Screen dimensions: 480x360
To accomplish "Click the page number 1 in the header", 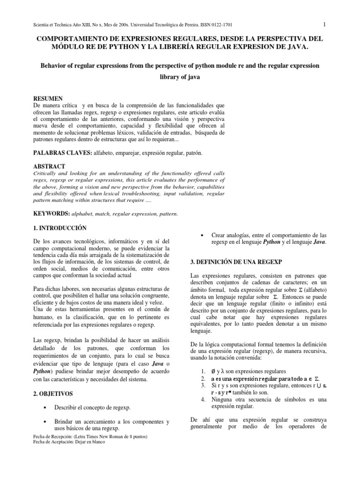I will click(324, 24).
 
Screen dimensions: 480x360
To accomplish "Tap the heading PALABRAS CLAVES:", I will click(62, 153).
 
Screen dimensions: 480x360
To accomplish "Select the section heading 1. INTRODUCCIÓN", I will click(59, 228).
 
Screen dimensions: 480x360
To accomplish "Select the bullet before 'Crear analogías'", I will click(201, 235).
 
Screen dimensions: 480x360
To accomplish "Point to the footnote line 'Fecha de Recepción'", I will click(89, 436).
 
